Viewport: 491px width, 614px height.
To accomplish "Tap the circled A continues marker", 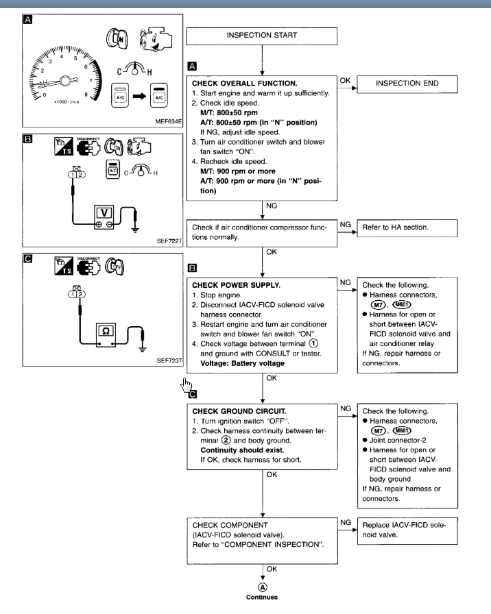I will (x=262, y=587).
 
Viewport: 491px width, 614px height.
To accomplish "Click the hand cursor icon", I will (x=185, y=386).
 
